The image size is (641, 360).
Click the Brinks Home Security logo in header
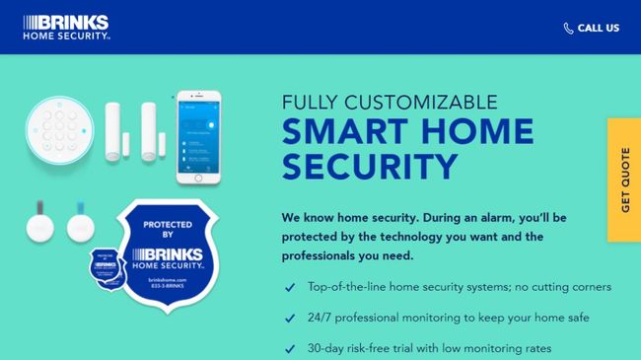pyautogui.click(x=66, y=27)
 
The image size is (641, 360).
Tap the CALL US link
pyautogui.click(x=599, y=29)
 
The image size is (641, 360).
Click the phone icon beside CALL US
pyautogui.click(x=568, y=29)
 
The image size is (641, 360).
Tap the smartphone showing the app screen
pyautogui.click(x=198, y=137)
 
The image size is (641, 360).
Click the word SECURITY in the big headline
pyautogui.click(x=370, y=165)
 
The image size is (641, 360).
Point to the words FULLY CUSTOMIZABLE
pyautogui.click(x=390, y=103)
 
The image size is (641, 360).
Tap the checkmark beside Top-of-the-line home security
pyautogui.click(x=290, y=288)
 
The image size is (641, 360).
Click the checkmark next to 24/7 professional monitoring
pyautogui.click(x=290, y=319)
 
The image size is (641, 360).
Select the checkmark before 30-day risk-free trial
pyautogui.click(x=290, y=349)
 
